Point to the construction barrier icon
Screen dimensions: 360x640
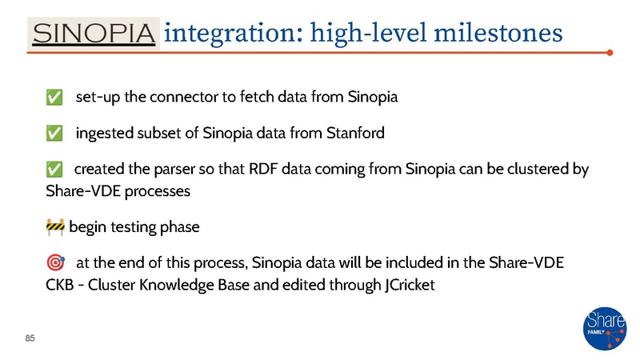coord(55,226)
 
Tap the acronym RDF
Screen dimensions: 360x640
coord(270,169)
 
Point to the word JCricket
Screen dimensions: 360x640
coord(404,284)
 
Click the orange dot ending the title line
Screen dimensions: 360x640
coord(610,54)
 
